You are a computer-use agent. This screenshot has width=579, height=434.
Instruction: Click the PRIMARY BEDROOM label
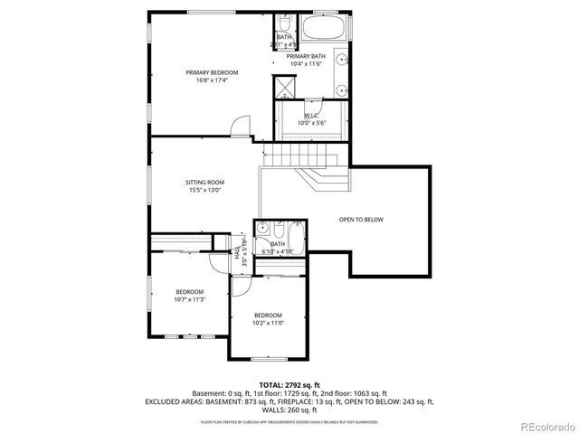[x=212, y=72]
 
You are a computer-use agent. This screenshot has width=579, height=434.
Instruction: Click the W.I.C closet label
[x=311, y=115]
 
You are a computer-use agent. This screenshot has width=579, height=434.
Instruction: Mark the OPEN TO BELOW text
[x=361, y=220]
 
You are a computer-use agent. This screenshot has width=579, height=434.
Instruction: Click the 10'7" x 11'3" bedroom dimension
[x=190, y=299]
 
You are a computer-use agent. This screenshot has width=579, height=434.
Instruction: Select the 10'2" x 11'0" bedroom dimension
[x=268, y=322]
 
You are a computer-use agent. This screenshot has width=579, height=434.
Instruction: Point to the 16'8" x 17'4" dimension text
[x=212, y=80]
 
